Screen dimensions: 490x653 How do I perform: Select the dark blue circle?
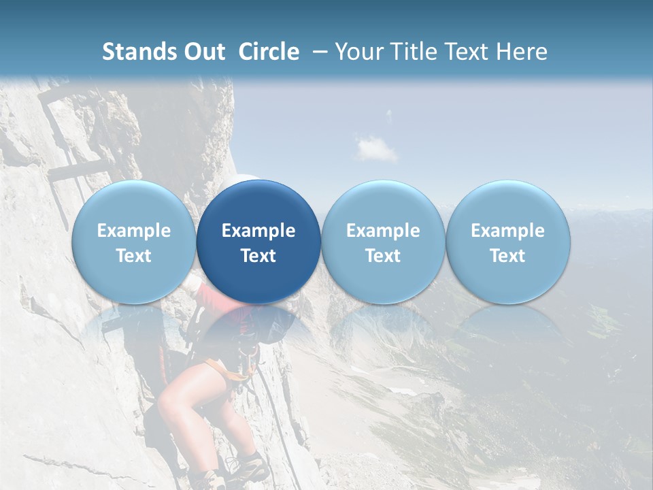(x=258, y=242)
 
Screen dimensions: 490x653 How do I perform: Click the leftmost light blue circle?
(x=133, y=242)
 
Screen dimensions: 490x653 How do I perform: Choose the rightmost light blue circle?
(x=507, y=242)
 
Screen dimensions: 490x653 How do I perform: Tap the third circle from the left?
(x=383, y=242)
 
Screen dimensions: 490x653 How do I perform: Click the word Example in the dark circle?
(x=258, y=231)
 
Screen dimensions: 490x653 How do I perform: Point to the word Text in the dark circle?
(x=258, y=256)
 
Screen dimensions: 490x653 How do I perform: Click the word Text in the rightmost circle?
(x=507, y=256)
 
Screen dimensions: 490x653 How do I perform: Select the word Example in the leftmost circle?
(x=133, y=231)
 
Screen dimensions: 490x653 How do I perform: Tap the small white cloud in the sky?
(x=375, y=148)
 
